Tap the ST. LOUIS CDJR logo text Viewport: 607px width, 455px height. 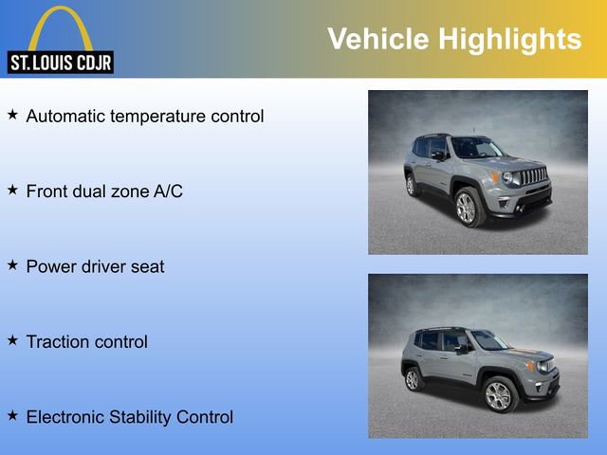click(x=60, y=63)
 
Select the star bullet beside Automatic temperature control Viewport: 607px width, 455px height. click(x=12, y=115)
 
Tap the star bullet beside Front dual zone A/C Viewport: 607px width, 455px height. click(x=12, y=190)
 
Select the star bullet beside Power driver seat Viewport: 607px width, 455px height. click(x=12, y=264)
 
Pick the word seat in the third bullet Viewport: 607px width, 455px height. click(x=147, y=267)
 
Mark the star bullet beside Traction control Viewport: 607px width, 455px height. click(x=12, y=339)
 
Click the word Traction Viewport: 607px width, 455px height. click(x=56, y=342)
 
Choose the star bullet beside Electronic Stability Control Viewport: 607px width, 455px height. click(x=12, y=414)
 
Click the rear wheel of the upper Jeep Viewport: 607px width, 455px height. click(x=411, y=185)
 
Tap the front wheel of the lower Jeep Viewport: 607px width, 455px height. click(x=498, y=395)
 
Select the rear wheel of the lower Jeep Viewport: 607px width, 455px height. click(x=413, y=379)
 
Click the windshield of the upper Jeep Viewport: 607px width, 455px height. click(x=477, y=148)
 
